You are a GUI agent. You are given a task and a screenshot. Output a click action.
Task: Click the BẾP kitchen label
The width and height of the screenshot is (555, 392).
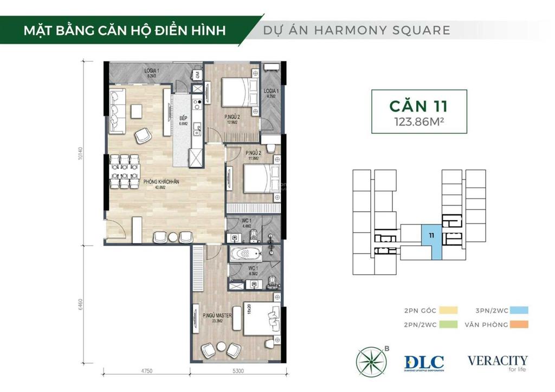click(183, 119)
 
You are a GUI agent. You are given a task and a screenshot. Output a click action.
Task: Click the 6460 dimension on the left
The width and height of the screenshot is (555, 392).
click(80, 305)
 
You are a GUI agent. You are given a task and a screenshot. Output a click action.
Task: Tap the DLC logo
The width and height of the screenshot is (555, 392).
click(424, 363)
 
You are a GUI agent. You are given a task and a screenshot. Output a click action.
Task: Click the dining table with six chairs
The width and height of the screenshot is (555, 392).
click(124, 171)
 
